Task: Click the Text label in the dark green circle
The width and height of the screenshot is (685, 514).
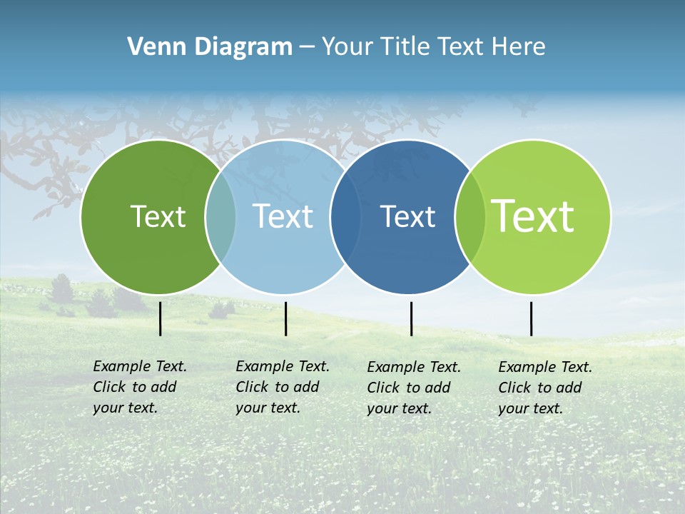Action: point(158,216)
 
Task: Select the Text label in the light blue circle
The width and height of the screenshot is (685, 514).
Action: point(283,216)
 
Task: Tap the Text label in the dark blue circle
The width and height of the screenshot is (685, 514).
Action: point(408,216)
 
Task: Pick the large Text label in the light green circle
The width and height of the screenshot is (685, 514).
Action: point(533,216)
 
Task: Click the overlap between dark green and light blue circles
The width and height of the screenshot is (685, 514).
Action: point(220,216)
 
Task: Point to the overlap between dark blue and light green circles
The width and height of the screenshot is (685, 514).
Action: point(470,216)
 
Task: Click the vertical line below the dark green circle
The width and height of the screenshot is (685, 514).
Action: point(161,318)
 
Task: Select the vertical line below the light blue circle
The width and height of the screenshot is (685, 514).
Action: point(285,318)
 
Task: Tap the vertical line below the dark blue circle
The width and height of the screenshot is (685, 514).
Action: point(411,318)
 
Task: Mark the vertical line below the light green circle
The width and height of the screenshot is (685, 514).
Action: point(531,318)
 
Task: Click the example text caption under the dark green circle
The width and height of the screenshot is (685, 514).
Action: point(140,387)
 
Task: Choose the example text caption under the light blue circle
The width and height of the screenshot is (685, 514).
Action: point(283,387)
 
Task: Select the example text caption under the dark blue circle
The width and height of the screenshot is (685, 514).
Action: point(414,388)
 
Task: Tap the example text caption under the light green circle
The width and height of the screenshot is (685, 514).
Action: point(545,388)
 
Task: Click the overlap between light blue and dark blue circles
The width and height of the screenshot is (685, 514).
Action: point(344,216)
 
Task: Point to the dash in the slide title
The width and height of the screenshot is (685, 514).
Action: point(307,48)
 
